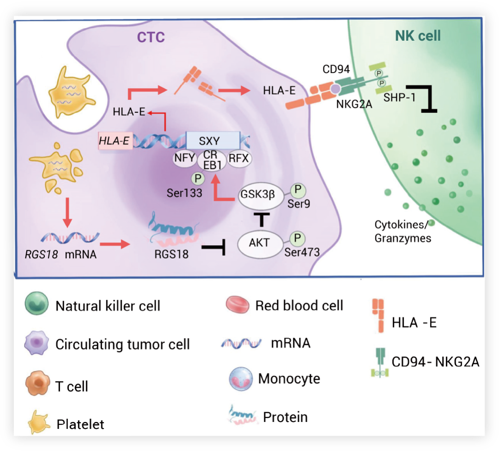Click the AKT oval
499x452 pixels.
(x=260, y=244)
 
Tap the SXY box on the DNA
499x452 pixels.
(x=213, y=141)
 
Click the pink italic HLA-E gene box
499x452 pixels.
(x=115, y=141)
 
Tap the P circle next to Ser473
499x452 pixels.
(x=298, y=239)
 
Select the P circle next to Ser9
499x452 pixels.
(x=298, y=190)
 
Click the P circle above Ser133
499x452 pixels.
(x=198, y=179)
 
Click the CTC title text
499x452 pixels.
(x=151, y=37)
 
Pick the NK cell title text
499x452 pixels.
(x=418, y=36)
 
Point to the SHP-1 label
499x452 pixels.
(x=399, y=97)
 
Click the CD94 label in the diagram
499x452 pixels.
(x=336, y=69)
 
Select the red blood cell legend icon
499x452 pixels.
(x=237, y=304)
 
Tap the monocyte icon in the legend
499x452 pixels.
(x=241, y=379)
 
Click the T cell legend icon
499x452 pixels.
(x=37, y=383)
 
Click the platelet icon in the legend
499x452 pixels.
(x=38, y=422)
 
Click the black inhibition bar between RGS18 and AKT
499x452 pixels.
(x=213, y=247)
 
